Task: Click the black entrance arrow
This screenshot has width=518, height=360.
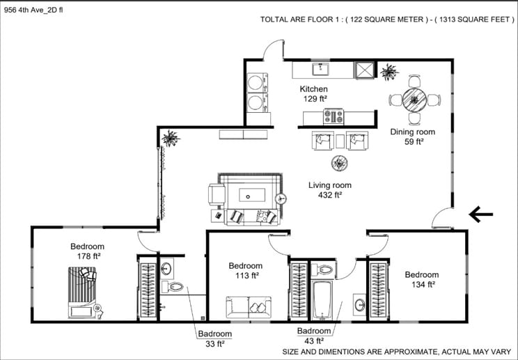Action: click(x=480, y=214)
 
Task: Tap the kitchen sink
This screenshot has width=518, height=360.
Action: click(x=320, y=70)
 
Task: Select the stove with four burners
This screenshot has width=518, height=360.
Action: click(x=333, y=116)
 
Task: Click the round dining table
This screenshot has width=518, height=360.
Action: click(x=414, y=100)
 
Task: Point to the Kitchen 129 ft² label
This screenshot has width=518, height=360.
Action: click(x=314, y=94)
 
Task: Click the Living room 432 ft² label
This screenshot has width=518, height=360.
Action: click(x=330, y=190)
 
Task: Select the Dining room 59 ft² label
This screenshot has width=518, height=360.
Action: click(x=413, y=136)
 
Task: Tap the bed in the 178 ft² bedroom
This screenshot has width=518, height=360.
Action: click(x=82, y=292)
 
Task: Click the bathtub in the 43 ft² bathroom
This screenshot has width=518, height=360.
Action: click(x=322, y=300)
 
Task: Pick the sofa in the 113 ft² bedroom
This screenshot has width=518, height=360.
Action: click(x=249, y=308)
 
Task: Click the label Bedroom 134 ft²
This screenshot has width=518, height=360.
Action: click(x=422, y=279)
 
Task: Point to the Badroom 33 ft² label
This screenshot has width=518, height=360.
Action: click(x=214, y=338)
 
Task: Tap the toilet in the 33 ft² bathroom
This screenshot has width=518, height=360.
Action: click(x=173, y=286)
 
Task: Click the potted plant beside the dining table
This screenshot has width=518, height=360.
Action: click(x=389, y=72)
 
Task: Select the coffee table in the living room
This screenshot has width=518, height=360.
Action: click(x=252, y=195)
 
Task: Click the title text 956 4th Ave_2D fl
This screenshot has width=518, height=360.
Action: click(x=33, y=10)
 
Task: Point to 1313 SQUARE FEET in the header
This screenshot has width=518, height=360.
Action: click(x=474, y=19)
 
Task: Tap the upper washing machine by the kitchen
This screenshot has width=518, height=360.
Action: click(x=258, y=83)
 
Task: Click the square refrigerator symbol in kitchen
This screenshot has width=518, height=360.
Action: click(x=364, y=70)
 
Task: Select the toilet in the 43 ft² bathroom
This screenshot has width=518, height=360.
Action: click(x=322, y=270)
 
